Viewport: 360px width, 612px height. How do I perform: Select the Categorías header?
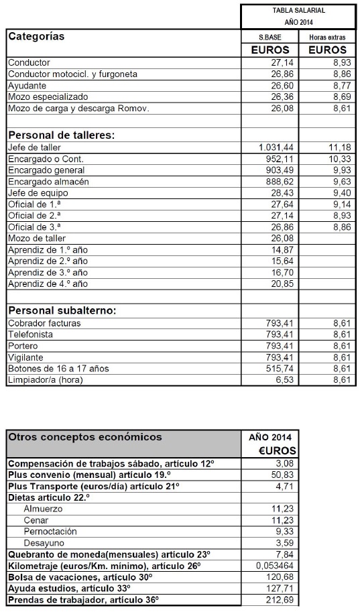36,37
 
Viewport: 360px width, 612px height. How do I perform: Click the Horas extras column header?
327,38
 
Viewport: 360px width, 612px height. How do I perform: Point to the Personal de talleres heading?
61,135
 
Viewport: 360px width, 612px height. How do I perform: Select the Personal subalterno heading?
62,310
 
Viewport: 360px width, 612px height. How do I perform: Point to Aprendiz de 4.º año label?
48,284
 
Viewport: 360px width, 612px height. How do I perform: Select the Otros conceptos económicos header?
84,437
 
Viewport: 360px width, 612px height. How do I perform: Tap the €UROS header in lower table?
278,450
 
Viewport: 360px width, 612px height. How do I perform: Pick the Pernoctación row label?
50,532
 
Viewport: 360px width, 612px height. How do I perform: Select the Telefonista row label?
29,334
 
